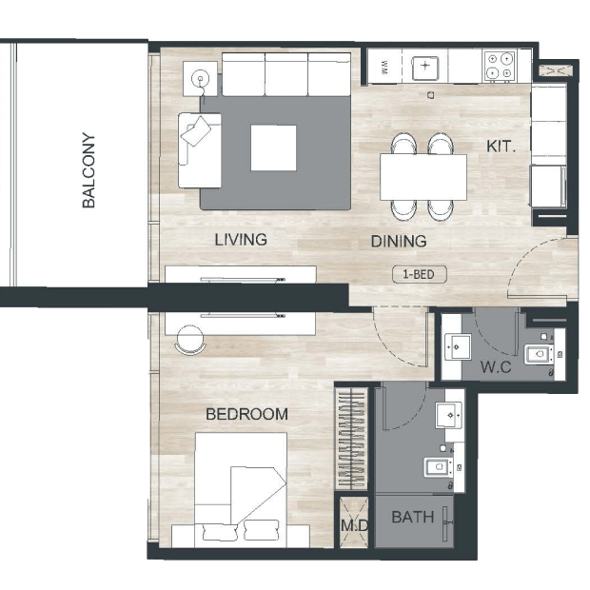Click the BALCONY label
click(x=88, y=170)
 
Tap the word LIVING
click(x=241, y=240)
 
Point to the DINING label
click(x=399, y=241)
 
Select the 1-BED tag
click(x=419, y=274)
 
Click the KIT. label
click(x=501, y=147)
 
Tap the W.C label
click(x=496, y=367)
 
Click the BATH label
click(x=413, y=517)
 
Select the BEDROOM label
click(x=246, y=414)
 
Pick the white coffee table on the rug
click(x=273, y=147)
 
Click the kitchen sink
click(x=425, y=69)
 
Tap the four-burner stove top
click(x=500, y=66)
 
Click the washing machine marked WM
click(x=384, y=67)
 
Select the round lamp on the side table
click(x=200, y=79)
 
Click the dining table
click(x=423, y=177)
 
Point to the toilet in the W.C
click(x=539, y=354)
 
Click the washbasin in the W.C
click(x=458, y=346)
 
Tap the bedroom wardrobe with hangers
click(x=351, y=439)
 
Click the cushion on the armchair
click(x=196, y=130)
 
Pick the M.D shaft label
click(x=354, y=525)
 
